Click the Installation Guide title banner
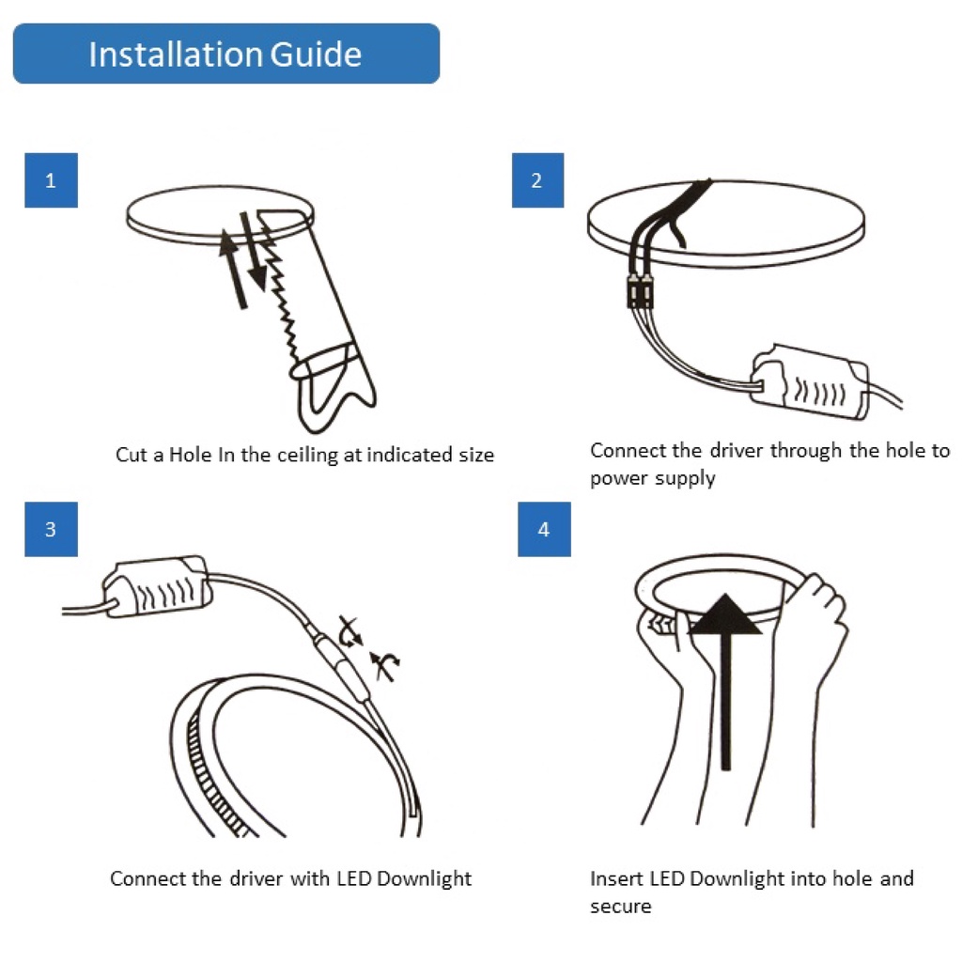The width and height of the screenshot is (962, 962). coord(225,54)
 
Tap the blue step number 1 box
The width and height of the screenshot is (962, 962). coord(51,180)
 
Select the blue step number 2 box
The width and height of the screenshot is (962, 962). coord(536,180)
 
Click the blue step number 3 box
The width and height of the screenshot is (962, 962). coord(51,529)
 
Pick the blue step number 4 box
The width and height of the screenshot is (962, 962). coord(544,529)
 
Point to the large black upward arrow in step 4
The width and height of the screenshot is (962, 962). coord(725,676)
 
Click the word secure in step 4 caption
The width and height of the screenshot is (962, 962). coord(620,907)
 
